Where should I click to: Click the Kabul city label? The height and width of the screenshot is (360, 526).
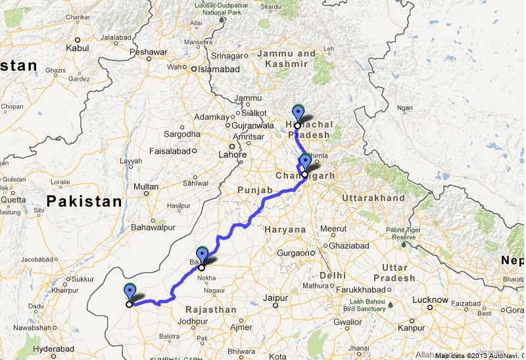78,48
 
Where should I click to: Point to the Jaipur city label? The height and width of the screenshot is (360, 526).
276,298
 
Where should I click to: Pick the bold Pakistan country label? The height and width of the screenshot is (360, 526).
84,202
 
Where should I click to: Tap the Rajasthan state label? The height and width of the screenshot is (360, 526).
211,309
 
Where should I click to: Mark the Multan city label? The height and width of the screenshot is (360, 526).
146,187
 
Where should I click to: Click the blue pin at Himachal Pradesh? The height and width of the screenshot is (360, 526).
299,112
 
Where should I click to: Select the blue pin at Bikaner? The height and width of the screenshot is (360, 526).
203,254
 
